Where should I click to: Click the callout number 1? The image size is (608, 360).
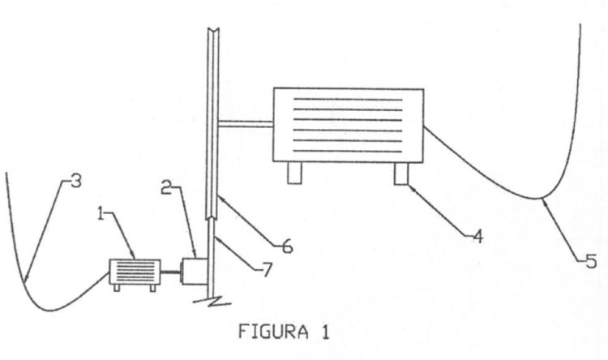coord(101,214)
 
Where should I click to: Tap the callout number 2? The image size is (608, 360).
coord(166,188)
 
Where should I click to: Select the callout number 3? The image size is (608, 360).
coord(76,180)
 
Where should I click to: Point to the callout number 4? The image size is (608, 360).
coord(477,236)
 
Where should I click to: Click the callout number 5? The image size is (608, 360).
coord(591,261)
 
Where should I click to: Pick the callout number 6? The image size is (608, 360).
coord(287,246)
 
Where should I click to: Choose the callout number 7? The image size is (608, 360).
coord(267,270)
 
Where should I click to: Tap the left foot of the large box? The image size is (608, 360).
coord(295,173)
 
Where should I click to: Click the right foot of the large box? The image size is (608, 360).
coord(401,173)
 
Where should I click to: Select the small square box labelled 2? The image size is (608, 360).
coord(195,271)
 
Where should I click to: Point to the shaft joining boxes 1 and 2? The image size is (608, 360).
coord(170,272)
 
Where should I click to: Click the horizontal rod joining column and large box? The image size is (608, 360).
coord(246,124)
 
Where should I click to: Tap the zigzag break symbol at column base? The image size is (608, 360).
coord(212,301)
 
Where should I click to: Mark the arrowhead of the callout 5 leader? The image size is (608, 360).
coord(545,202)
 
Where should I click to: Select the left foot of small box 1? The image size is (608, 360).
coord(117,288)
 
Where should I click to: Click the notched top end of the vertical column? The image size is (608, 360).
coord(213,31)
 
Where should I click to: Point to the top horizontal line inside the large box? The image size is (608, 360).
coord(348,99)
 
